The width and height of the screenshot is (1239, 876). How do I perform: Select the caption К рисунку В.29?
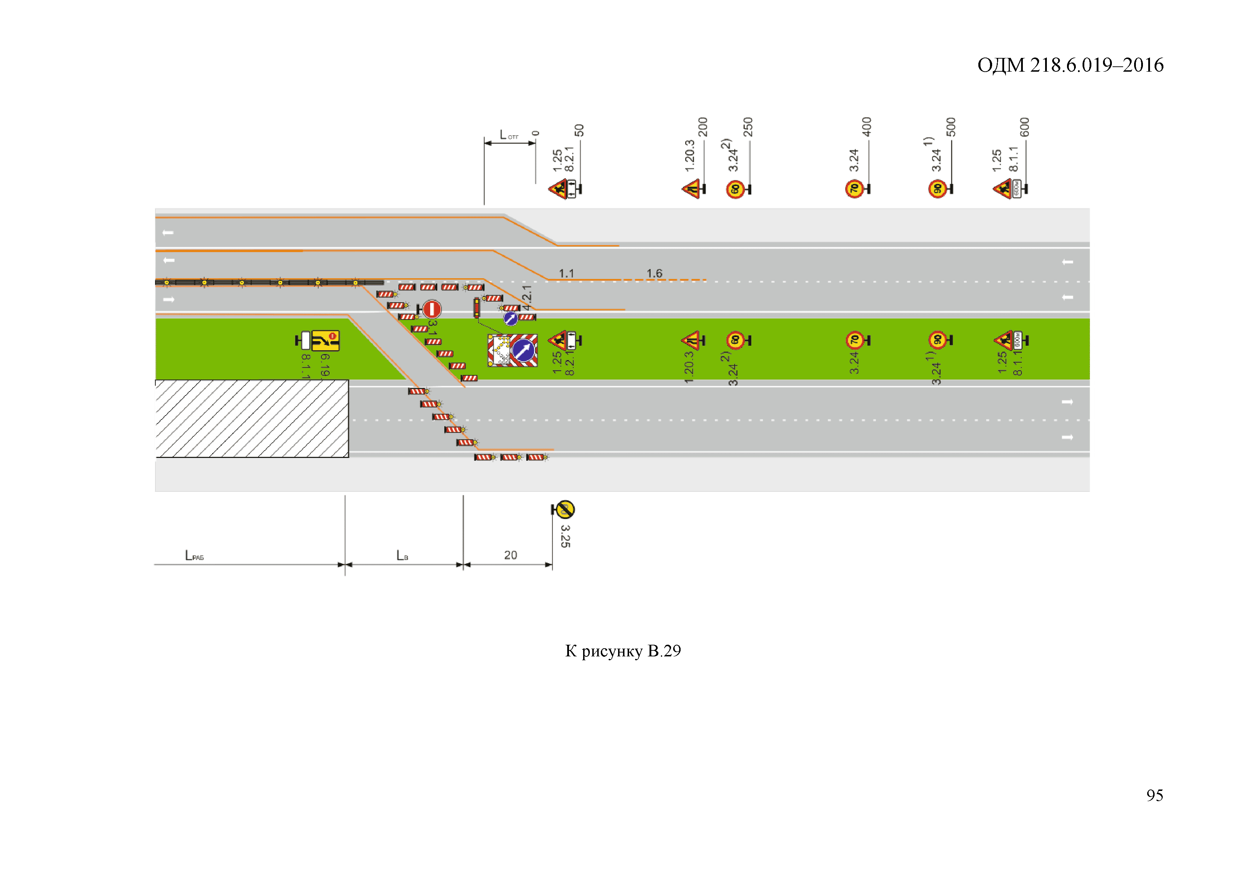tap(623, 651)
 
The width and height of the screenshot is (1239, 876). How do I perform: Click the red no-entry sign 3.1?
tap(432, 309)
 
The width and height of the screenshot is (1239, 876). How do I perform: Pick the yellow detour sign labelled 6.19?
tap(325, 340)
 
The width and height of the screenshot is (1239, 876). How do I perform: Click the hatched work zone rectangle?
tap(252, 419)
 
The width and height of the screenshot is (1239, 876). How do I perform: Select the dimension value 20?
tap(510, 555)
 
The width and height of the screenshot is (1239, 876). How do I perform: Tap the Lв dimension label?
tap(402, 556)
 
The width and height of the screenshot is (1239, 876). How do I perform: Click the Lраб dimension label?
tap(194, 556)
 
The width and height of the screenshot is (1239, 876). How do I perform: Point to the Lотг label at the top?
tap(508, 135)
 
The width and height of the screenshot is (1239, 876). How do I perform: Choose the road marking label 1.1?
tap(566, 274)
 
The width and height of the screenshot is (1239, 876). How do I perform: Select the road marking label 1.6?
tap(654, 274)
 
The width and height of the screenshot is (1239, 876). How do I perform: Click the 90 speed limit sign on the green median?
tap(937, 340)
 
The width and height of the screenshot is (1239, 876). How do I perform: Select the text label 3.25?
tap(565, 536)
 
